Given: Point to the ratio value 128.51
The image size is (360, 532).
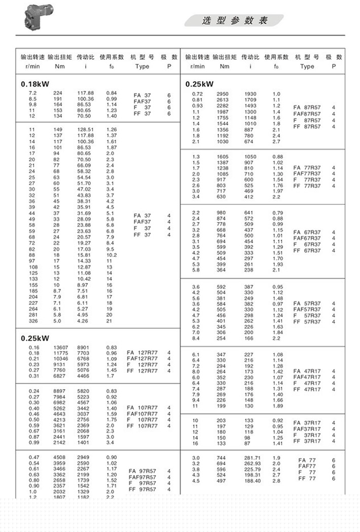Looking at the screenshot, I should [x=85, y=130].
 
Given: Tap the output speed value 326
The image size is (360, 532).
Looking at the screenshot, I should [x=32, y=321].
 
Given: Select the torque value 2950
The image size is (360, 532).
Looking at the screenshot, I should [x=223, y=94].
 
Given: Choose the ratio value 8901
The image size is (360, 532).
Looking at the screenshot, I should [x=84, y=347].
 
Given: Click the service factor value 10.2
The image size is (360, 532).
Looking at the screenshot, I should [x=112, y=255].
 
